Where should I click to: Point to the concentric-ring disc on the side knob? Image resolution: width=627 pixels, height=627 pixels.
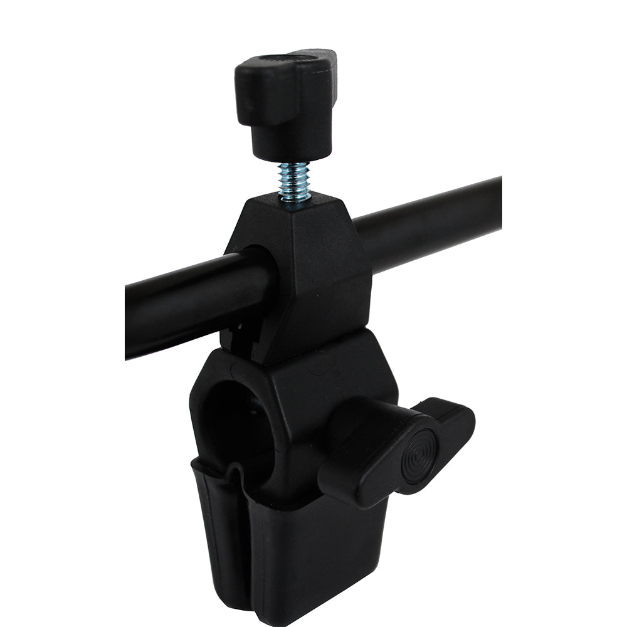click(x=418, y=456)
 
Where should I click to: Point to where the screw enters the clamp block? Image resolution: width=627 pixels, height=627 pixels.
click(x=295, y=199)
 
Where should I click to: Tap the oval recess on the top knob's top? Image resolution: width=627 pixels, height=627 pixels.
click(x=288, y=60)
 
